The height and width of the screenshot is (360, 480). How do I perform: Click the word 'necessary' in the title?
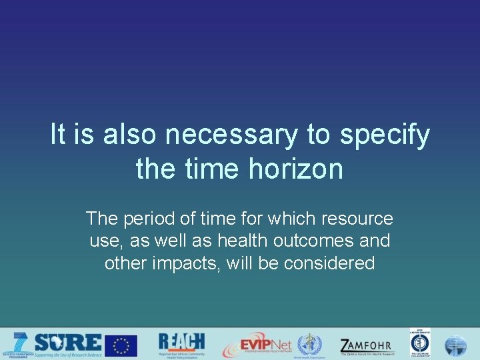click(231, 135)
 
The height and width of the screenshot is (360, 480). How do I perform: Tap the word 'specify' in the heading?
click(385, 135)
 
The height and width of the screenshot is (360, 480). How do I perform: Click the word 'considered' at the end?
click(329, 263)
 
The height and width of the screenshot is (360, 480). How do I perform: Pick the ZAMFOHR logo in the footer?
click(366, 345)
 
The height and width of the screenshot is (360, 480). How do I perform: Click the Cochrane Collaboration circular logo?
click(420, 344)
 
